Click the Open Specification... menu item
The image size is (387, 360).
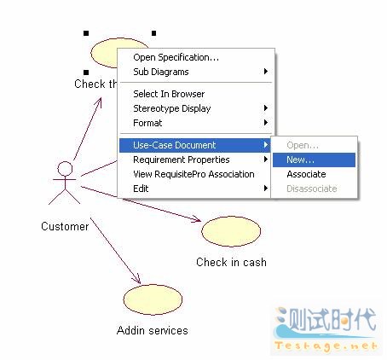coord(176,57)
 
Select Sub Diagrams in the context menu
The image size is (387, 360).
coord(161,72)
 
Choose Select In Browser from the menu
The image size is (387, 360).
coord(169,94)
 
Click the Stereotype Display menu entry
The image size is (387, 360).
coord(172,108)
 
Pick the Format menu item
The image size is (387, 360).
coord(147,123)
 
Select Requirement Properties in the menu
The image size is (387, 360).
coord(182,160)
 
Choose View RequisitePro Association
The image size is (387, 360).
coord(193,174)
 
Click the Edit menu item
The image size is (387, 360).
coord(141,189)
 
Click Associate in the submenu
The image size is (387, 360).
coord(306,174)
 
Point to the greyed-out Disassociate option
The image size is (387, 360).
coord(312,189)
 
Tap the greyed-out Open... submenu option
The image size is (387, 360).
coord(303,145)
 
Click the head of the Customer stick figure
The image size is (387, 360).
coord(65,169)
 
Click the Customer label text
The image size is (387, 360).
coord(65,226)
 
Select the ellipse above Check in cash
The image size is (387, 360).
coord(231,231)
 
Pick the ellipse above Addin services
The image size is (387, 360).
coord(153,299)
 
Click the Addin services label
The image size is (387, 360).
coord(153,330)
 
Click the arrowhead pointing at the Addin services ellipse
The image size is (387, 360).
coord(137,280)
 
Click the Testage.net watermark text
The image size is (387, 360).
coord(326,345)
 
